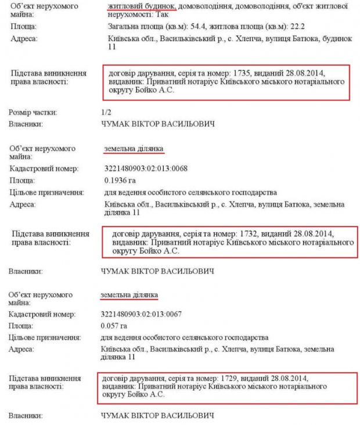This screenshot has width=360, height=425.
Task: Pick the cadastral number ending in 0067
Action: (145, 314)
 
